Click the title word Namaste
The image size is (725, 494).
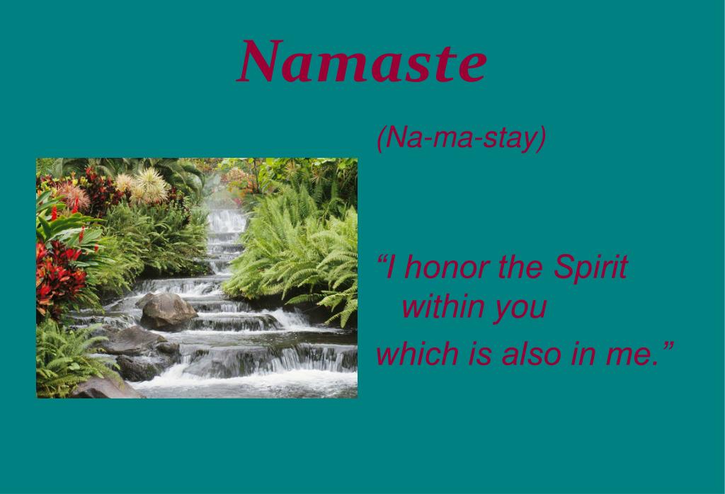(x=362, y=62)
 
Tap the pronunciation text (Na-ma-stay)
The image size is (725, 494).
(x=461, y=138)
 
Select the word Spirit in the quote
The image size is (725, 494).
(x=590, y=268)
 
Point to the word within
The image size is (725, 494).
(x=442, y=308)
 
